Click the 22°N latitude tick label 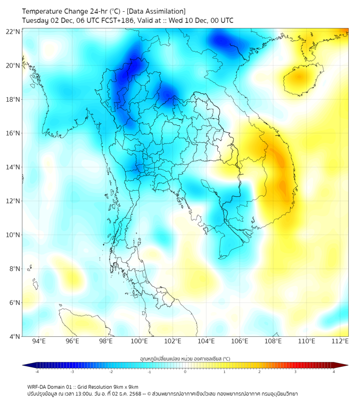click(x=13, y=31)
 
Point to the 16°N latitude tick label click(x=13, y=133)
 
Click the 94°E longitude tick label click(x=39, y=341)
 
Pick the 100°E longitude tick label click(x=140, y=341)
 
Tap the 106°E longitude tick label click(x=240, y=341)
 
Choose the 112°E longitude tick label click(x=340, y=341)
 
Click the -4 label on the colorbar click(x=37, y=372)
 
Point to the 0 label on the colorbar click(x=185, y=372)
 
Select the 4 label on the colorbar click(x=333, y=372)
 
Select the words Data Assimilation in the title click(x=158, y=11)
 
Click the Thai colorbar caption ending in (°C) click(x=185, y=359)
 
